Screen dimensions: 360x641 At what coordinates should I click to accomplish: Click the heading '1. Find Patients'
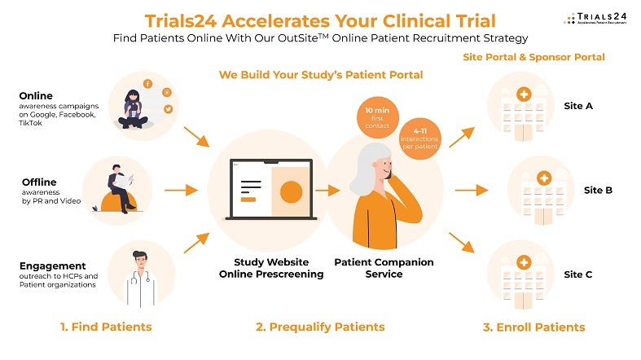point(106,327)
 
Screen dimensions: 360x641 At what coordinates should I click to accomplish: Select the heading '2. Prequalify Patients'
point(320,327)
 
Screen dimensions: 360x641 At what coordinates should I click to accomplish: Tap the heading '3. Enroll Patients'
point(533,327)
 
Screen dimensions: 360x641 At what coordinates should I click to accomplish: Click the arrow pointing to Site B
point(465,191)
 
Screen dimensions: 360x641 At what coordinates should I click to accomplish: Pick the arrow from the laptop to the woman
point(327,190)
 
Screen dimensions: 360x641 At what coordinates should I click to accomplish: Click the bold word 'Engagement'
point(52,266)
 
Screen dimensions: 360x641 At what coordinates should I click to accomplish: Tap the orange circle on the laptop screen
point(291,191)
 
